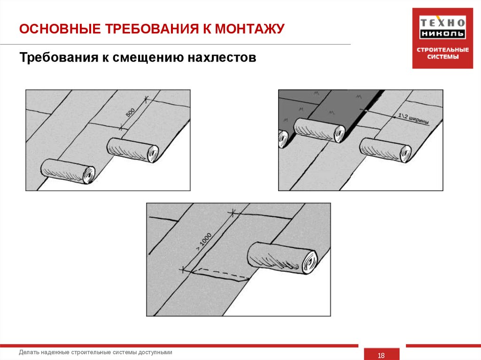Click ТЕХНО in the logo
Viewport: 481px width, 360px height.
pos(442,22)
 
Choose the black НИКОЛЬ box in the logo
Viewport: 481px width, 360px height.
pos(442,34)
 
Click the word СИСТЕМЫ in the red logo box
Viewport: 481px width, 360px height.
pos(442,58)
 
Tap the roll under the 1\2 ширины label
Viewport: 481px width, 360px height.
pos(385,149)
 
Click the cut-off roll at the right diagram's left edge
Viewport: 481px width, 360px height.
pos(283,138)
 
